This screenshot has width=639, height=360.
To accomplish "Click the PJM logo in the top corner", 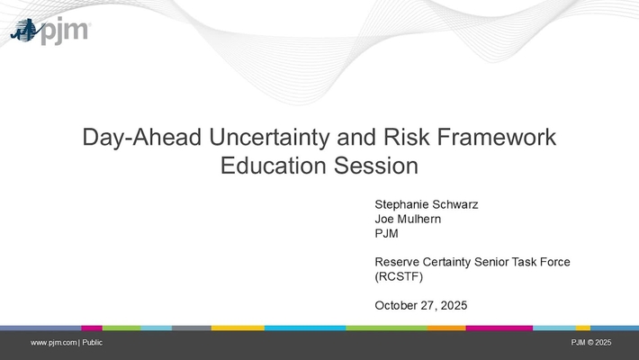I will (x=49, y=31).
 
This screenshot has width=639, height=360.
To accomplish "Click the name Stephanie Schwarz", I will (x=426, y=203).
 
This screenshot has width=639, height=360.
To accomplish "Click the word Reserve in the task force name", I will (x=397, y=262).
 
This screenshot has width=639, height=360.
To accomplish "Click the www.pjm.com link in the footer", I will (x=54, y=343).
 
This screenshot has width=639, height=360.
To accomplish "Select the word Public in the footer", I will (x=94, y=343).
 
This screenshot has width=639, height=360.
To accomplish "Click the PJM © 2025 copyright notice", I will (x=591, y=343).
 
